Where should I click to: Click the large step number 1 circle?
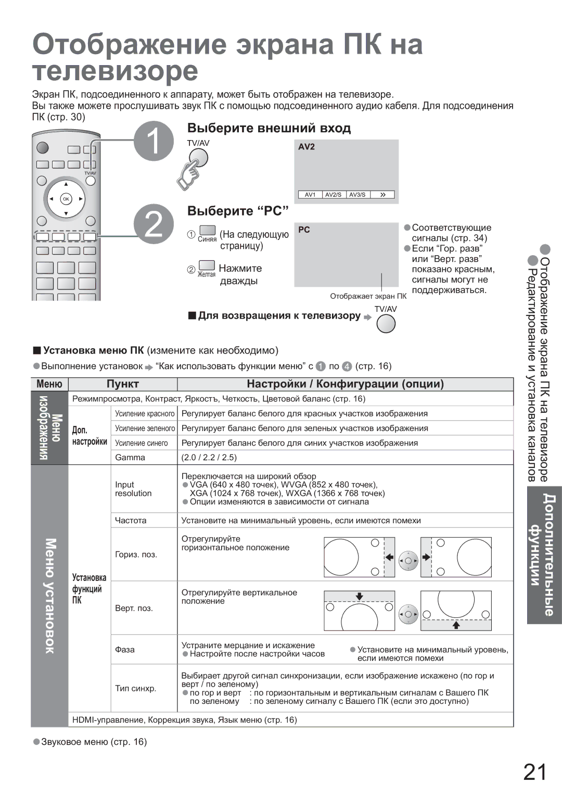click(154, 141)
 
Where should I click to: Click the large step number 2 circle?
click(154, 224)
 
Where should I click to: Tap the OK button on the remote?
click(66, 199)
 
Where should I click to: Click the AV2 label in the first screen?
click(306, 147)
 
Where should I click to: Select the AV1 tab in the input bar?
click(310, 195)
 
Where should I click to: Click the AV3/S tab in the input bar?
click(357, 195)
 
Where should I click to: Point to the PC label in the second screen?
click(304, 230)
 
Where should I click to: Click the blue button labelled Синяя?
click(207, 231)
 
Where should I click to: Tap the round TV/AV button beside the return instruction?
click(386, 324)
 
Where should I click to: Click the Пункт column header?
click(123, 384)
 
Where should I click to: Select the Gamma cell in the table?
click(130, 458)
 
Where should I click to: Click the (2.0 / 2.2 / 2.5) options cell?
click(209, 458)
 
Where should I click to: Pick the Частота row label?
click(131, 520)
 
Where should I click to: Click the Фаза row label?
click(125, 649)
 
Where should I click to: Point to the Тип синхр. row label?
click(135, 688)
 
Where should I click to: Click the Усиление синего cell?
click(142, 443)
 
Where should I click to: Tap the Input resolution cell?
click(133, 489)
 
